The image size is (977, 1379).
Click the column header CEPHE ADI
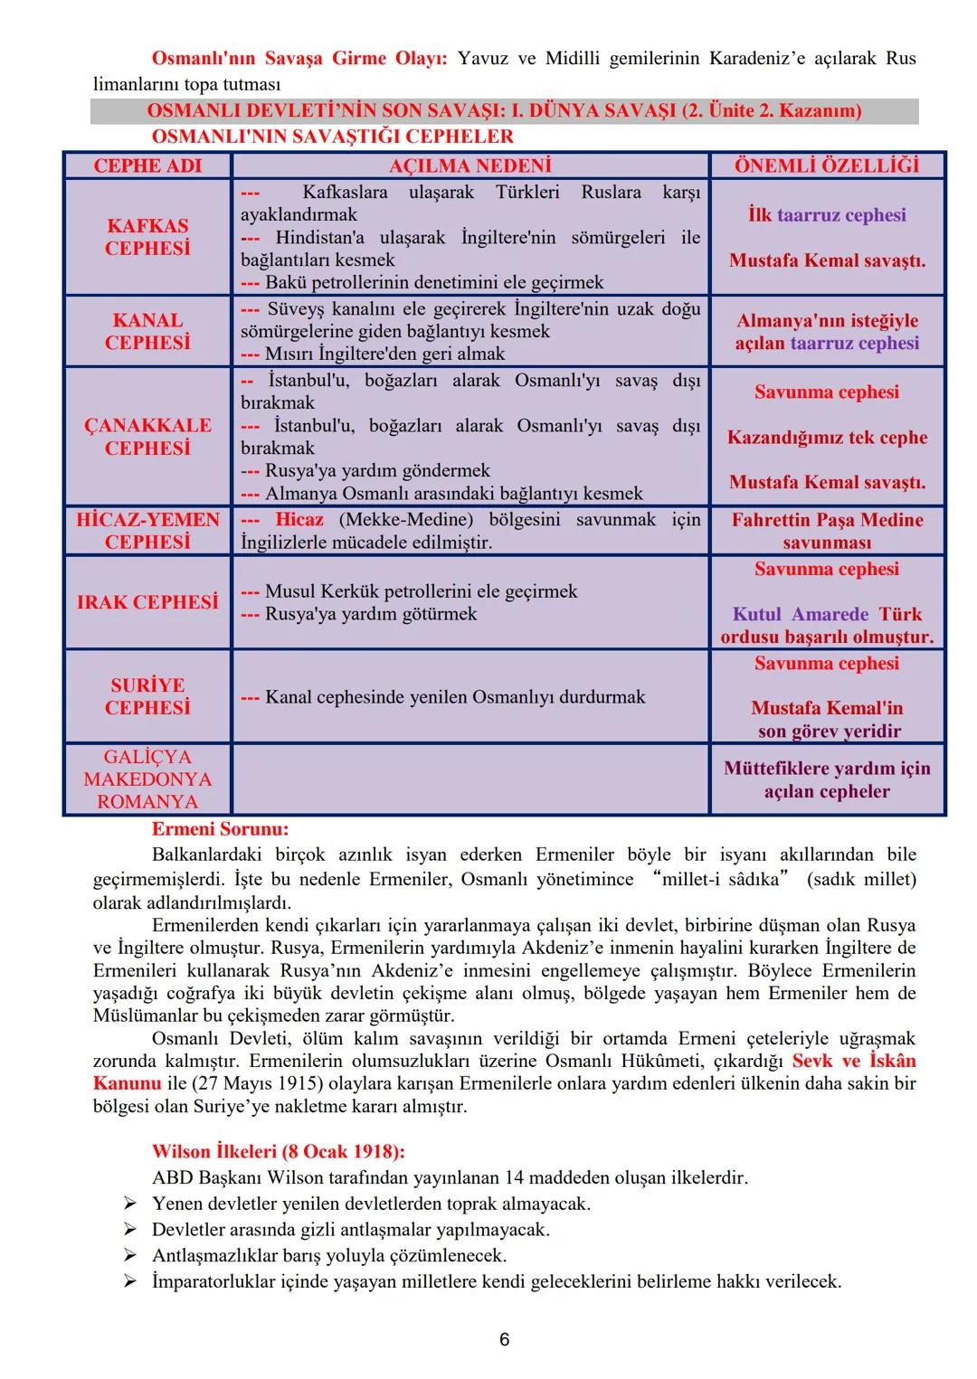147,165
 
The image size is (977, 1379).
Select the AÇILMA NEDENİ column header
470,165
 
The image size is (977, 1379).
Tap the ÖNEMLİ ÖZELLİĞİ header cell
827,165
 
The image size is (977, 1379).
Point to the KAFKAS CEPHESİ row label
147,237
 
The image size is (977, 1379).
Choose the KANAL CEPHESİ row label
147,331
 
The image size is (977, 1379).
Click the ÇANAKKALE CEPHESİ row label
147,437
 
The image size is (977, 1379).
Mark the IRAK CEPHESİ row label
147,602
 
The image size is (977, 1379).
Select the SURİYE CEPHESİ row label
147,696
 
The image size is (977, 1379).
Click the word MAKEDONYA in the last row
147,779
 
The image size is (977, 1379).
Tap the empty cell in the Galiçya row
470,779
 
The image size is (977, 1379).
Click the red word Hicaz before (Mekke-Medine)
299,520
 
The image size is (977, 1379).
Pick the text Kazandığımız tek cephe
827,438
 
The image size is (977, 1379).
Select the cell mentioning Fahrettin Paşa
827,531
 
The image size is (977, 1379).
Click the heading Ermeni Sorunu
220,829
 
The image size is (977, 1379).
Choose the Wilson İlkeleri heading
278,1152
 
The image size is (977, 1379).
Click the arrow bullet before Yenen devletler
130,1204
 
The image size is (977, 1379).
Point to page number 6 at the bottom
505,1339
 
